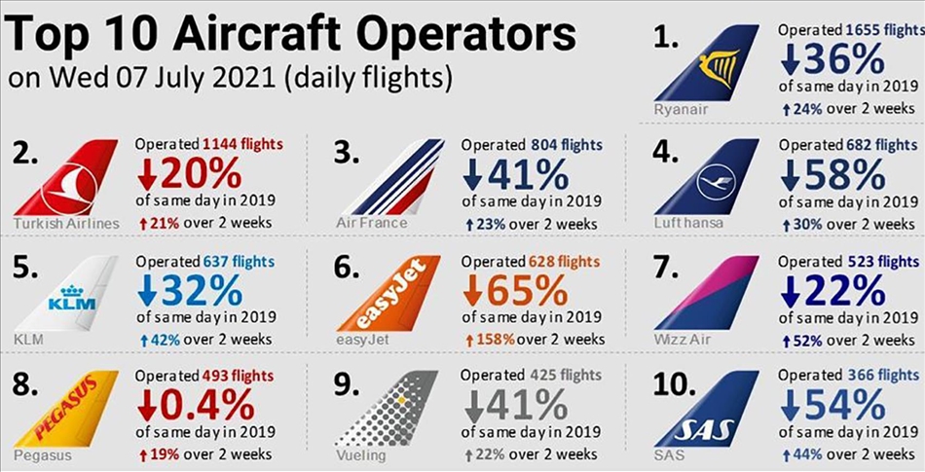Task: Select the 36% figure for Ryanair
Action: [x=836, y=62]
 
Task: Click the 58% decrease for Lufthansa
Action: [x=836, y=175]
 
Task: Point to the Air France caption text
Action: [x=371, y=223]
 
